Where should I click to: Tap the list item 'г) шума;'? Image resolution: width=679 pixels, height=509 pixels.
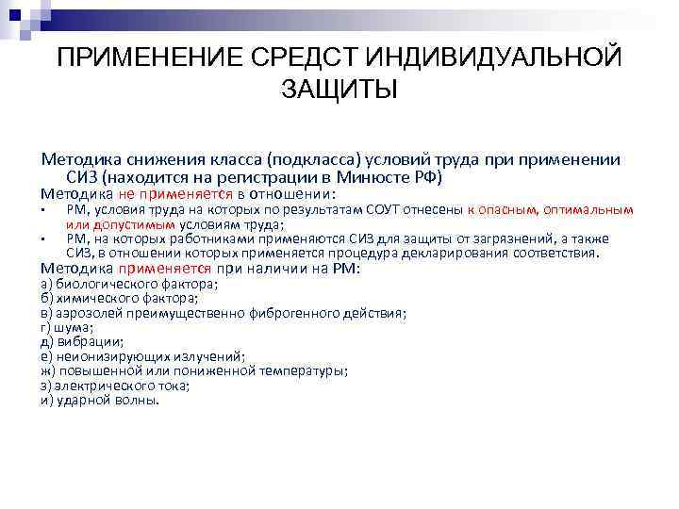pyautogui.click(x=67, y=327)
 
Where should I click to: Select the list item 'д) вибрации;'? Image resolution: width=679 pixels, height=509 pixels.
pyautogui.click(x=82, y=342)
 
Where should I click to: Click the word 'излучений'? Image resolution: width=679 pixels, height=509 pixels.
pyautogui.click(x=212, y=356)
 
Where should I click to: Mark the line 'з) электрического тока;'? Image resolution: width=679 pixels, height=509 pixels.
pyautogui.click(x=115, y=386)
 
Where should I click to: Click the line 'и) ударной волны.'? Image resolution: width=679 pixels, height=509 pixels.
pyautogui.click(x=100, y=400)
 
